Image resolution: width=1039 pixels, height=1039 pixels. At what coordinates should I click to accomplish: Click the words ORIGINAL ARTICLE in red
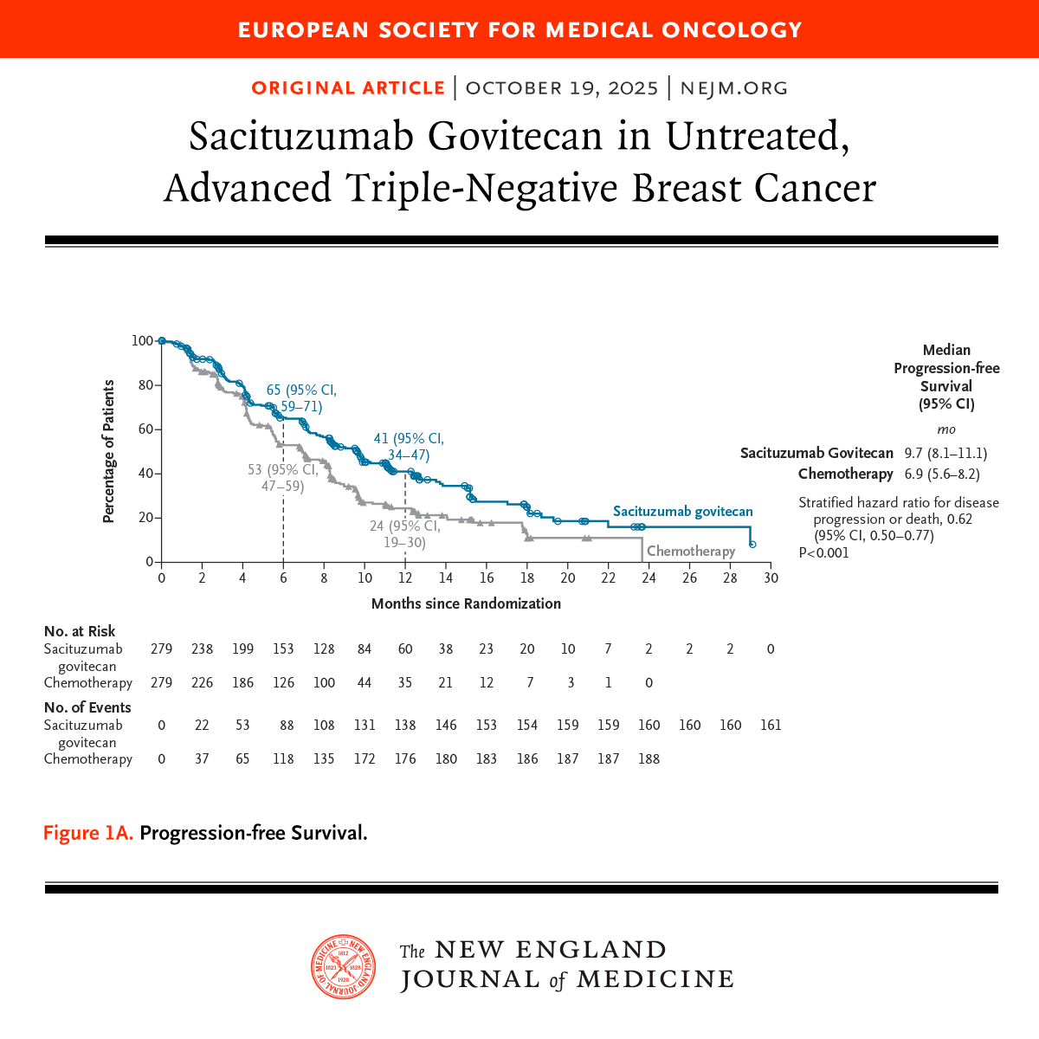point(348,87)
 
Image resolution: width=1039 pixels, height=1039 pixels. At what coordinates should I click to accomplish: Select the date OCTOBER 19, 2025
point(561,87)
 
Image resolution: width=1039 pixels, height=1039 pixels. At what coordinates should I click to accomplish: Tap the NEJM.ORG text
point(733,87)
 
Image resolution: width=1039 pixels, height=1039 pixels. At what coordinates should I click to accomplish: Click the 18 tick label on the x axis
point(526,578)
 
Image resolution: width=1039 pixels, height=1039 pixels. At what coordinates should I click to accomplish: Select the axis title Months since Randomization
point(466,603)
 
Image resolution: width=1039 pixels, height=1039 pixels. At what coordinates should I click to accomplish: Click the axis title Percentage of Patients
point(109,451)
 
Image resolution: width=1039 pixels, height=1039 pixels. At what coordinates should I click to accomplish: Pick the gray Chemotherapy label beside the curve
point(691,551)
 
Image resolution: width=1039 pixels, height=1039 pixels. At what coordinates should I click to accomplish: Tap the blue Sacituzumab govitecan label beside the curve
point(682,511)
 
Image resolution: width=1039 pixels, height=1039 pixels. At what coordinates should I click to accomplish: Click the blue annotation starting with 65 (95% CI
point(301,398)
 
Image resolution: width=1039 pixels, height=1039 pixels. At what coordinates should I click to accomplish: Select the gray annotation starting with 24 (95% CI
point(405,534)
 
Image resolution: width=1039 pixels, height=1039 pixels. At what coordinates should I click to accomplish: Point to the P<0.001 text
point(823,552)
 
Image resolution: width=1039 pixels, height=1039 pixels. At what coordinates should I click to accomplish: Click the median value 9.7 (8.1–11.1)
point(945,453)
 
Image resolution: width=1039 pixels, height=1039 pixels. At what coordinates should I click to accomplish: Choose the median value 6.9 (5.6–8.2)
point(942,474)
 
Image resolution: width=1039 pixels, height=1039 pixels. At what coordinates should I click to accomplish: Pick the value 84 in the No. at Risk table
point(365,649)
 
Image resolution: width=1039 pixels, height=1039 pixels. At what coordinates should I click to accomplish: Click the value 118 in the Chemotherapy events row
point(283,758)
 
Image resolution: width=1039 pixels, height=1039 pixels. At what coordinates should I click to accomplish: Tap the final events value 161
point(771,725)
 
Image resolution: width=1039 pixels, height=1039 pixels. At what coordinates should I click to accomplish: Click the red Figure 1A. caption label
point(88,833)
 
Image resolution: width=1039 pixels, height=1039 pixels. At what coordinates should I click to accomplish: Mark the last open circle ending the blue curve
point(752,544)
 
